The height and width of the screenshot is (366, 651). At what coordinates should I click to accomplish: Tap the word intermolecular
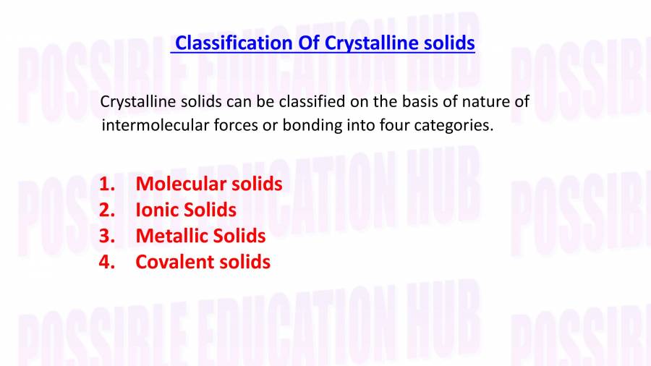click(x=151, y=125)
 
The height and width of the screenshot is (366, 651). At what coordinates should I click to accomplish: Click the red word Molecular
click(x=181, y=184)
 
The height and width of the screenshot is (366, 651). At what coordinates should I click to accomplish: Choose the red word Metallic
click(x=171, y=236)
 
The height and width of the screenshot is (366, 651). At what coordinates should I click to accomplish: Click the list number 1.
click(x=106, y=184)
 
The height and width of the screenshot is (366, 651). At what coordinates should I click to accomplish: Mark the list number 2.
click(x=106, y=210)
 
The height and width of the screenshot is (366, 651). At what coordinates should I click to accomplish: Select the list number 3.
click(x=106, y=236)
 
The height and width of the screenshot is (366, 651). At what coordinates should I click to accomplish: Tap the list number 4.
click(x=106, y=262)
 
